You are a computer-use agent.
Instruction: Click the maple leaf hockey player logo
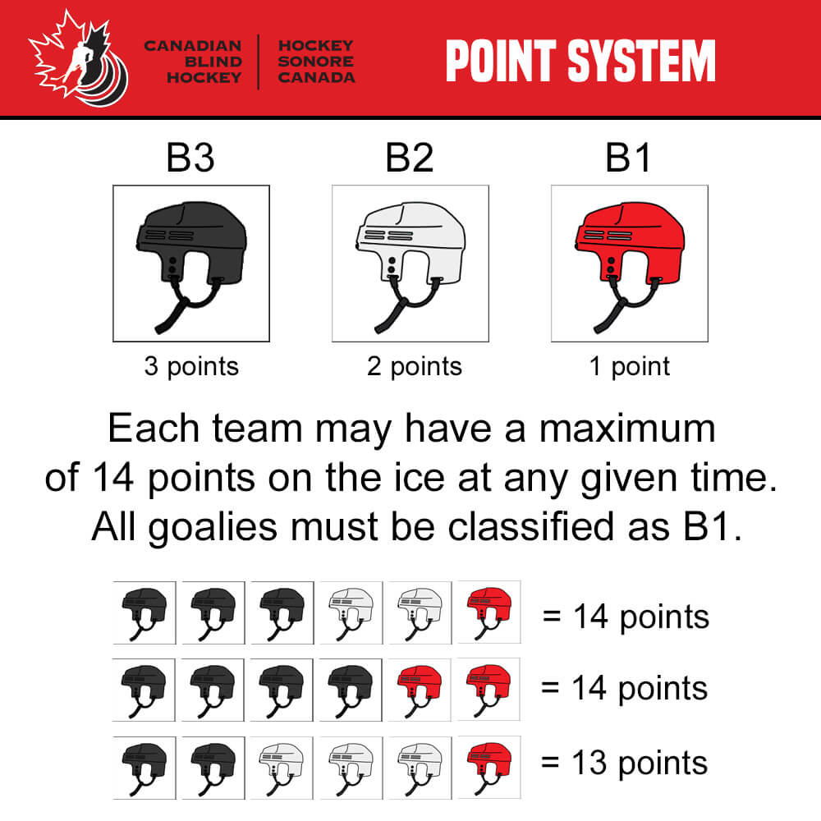79,58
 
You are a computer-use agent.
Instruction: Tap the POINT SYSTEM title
580,61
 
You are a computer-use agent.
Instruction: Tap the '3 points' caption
191,366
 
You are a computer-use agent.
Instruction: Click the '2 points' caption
414,366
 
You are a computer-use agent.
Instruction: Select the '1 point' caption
630,366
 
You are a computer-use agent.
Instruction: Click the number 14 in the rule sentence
112,478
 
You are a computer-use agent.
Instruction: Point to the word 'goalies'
213,527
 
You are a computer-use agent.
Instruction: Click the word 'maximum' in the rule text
626,429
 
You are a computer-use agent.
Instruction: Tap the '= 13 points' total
624,763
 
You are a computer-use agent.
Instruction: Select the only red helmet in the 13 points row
489,767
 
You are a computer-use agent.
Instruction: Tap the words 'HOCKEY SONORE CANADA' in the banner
316,62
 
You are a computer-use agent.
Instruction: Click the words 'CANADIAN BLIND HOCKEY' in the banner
193,62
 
